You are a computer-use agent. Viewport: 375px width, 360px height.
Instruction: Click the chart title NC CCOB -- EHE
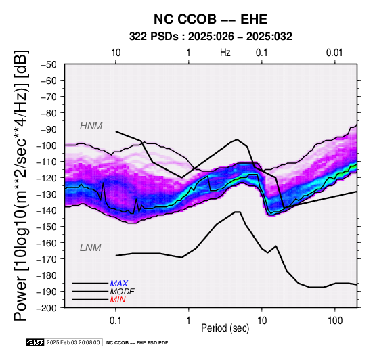(211, 19)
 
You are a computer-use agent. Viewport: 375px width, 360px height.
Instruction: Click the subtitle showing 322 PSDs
(211, 37)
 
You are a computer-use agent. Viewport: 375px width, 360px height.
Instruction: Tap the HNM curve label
(91, 126)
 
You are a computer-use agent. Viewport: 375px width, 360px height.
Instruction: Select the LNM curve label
(91, 248)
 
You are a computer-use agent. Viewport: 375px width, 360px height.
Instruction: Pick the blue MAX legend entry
(119, 284)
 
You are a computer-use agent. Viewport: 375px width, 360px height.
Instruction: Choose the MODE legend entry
(123, 292)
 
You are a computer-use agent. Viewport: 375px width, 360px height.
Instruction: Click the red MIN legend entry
(118, 300)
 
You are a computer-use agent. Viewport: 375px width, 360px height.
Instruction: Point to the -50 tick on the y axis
(49, 64)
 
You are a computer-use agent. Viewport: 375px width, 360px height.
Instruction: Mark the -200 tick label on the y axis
(47, 308)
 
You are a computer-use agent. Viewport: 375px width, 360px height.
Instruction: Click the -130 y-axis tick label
(47, 194)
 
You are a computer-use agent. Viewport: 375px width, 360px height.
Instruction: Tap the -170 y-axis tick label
(47, 259)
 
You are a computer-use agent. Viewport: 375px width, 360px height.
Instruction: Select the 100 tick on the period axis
(335, 321)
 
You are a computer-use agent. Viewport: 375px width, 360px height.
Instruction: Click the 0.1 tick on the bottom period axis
(116, 321)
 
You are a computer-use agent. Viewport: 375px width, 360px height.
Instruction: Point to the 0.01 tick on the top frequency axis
(334, 53)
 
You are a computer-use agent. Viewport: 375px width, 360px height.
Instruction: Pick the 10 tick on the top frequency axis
(116, 53)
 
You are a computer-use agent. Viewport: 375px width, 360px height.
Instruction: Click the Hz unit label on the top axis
(225, 53)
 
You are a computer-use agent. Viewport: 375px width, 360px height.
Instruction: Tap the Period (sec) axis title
(225, 328)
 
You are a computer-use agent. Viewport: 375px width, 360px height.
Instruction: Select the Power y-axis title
(21, 185)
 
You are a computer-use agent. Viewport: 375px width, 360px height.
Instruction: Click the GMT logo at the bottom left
(35, 342)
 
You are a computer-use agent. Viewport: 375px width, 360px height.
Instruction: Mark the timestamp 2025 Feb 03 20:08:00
(73, 342)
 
